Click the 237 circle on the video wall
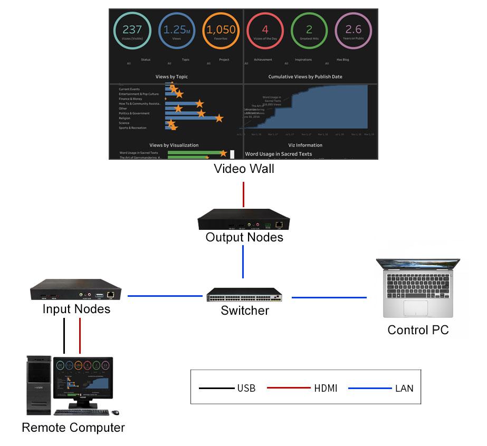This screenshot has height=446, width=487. tap(132, 31)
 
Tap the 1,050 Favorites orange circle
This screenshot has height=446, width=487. tap(221, 31)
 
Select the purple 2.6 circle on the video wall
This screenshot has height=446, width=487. tap(353, 31)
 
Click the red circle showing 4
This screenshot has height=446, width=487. tap(265, 31)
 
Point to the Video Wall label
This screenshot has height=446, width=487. tap(244, 169)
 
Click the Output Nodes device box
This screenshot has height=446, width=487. tap(244, 219)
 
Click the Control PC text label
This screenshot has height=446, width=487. tap(418, 330)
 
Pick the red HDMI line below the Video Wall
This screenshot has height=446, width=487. tap(244, 195)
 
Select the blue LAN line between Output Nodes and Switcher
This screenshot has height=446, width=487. tap(243, 261)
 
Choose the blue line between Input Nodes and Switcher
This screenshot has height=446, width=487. tap(165, 296)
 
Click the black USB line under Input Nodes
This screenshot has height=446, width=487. tap(64, 335)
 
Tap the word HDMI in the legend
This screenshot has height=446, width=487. tap(326, 389)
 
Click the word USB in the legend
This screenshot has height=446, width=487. tap(246, 389)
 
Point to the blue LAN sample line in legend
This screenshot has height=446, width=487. tap(370, 389)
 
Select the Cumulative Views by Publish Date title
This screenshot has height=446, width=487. tap(305, 76)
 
